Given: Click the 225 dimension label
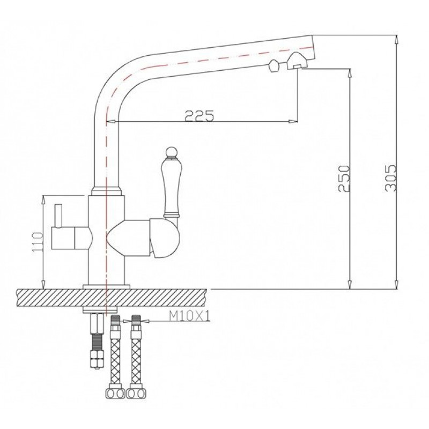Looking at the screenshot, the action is click(x=199, y=116).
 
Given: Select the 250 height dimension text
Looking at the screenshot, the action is click(x=344, y=179).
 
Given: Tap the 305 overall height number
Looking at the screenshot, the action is click(x=390, y=178).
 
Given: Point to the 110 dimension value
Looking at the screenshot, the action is click(x=38, y=243).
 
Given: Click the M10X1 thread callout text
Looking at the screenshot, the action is click(x=190, y=317).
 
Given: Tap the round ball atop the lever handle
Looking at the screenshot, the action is click(x=171, y=152).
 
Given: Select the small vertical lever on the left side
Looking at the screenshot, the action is click(x=58, y=216).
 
